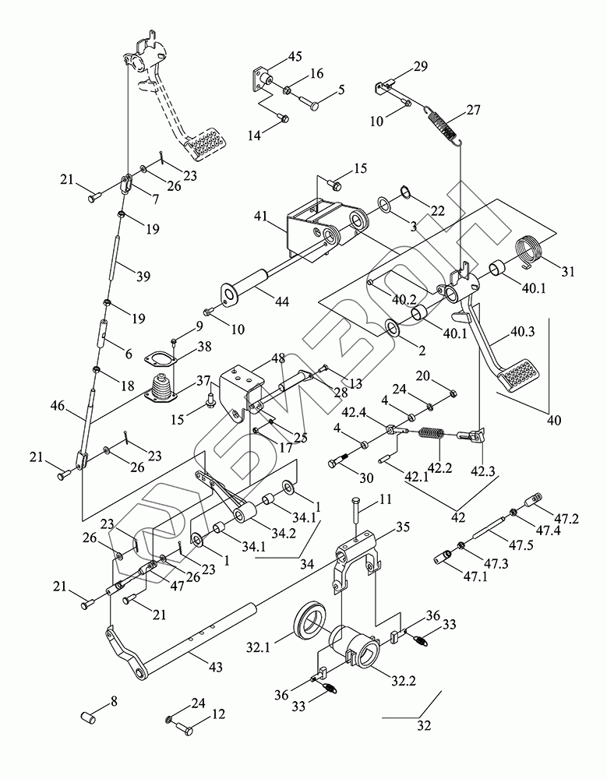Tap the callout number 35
(403, 527)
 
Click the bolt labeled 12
(185, 730)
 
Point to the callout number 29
(420, 67)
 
